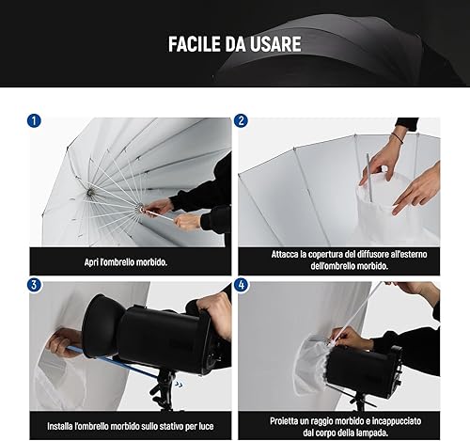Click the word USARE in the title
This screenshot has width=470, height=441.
[x=275, y=44]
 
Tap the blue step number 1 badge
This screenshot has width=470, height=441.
[x=34, y=120]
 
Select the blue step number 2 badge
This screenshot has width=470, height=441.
[x=241, y=120]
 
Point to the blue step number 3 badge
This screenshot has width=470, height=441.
[x=34, y=285]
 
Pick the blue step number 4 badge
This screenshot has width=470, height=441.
[x=241, y=285]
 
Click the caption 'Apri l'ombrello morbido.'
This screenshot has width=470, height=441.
[x=126, y=262]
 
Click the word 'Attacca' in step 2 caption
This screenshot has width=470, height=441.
[x=285, y=254]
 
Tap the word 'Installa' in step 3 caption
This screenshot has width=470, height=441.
[x=60, y=426]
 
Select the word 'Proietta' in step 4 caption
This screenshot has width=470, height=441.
[x=284, y=420]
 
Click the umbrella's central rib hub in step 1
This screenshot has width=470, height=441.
[x=90, y=193]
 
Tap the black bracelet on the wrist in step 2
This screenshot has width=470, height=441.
[x=398, y=137]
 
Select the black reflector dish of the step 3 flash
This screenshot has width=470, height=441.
[x=102, y=326]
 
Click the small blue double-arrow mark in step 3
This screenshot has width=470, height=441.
[x=179, y=385]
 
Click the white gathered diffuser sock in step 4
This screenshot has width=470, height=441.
[x=312, y=365]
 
